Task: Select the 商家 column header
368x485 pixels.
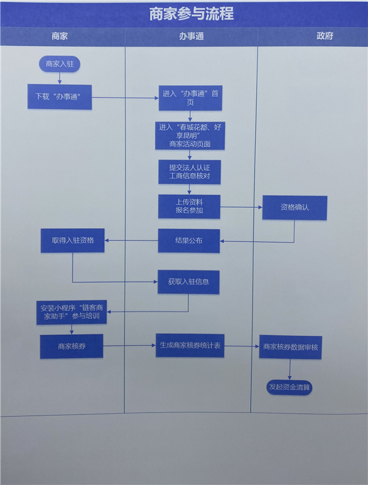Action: click(x=59, y=36)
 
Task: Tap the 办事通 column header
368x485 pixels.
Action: click(x=191, y=36)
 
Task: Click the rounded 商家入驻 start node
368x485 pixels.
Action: click(x=59, y=64)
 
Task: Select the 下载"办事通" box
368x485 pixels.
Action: click(x=59, y=97)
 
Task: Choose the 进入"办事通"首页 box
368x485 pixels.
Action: click(x=190, y=98)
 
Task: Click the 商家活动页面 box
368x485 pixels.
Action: click(x=190, y=136)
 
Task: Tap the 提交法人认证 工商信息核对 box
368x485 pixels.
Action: click(x=190, y=171)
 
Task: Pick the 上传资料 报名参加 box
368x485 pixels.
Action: click(x=189, y=206)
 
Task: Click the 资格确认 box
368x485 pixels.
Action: click(x=294, y=207)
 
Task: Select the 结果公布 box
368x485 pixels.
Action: click(x=189, y=240)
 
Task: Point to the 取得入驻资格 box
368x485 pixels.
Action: click(x=72, y=240)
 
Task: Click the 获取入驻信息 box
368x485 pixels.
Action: click(x=188, y=282)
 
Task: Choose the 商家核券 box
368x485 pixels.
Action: click(x=71, y=346)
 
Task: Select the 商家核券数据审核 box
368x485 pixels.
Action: click(x=290, y=347)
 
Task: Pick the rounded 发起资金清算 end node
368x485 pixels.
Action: click(x=289, y=387)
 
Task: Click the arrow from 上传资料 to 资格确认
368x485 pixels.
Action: click(x=241, y=207)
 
